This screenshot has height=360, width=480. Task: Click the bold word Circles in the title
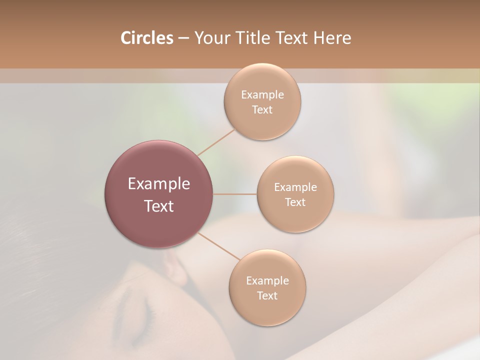click(147, 38)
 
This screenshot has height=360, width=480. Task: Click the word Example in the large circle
click(159, 184)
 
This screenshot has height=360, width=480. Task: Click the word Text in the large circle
click(159, 206)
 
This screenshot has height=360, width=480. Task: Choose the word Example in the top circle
click(262, 95)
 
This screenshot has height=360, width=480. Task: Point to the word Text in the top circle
click(262, 110)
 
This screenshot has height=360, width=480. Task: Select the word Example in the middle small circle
click(295, 187)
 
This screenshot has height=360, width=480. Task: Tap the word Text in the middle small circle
click(295, 202)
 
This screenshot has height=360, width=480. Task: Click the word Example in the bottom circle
click(267, 281)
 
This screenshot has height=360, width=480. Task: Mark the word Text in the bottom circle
click(267, 296)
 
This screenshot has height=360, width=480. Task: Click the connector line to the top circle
click(216, 142)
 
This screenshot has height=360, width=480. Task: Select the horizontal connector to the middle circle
click(235, 194)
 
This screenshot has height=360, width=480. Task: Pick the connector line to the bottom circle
click(219, 245)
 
